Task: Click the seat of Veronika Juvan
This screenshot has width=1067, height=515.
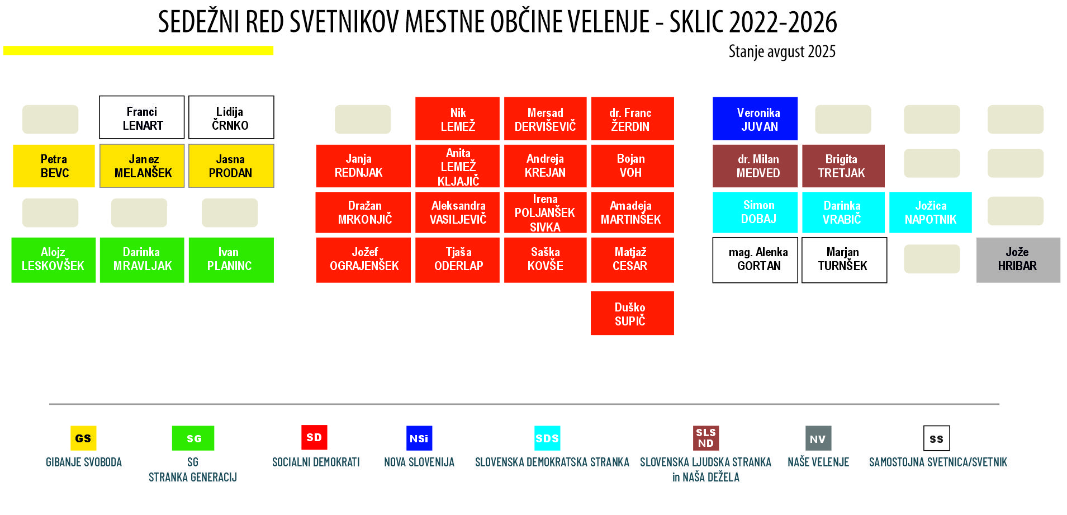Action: pos(755,119)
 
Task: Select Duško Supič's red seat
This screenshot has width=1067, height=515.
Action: pos(632,313)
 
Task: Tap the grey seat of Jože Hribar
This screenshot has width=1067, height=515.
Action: pos(1018,260)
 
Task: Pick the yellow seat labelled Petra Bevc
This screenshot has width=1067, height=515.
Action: pos(54,166)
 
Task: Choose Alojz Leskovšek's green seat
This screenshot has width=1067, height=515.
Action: pos(54,260)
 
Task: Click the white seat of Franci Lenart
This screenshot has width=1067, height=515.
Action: pos(142,117)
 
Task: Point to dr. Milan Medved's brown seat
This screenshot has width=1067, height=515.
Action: pos(755,166)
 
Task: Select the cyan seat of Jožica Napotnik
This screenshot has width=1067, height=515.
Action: pos(931,212)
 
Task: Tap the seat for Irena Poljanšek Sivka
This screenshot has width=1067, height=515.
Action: pos(545,212)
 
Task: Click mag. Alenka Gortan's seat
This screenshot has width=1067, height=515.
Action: pos(755,260)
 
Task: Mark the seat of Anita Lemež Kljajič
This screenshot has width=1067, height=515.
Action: pos(457,166)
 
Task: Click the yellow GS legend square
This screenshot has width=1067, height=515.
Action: pos(83,438)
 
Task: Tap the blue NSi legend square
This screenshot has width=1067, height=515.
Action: pos(419,438)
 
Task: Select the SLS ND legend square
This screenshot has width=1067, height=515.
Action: pos(706,438)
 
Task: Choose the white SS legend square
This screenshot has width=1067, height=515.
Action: pos(937,438)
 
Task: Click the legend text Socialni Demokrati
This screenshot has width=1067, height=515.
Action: pos(316,462)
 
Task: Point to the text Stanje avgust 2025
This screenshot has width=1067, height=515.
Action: pos(782,51)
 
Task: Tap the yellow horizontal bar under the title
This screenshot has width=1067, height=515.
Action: pos(139,50)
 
